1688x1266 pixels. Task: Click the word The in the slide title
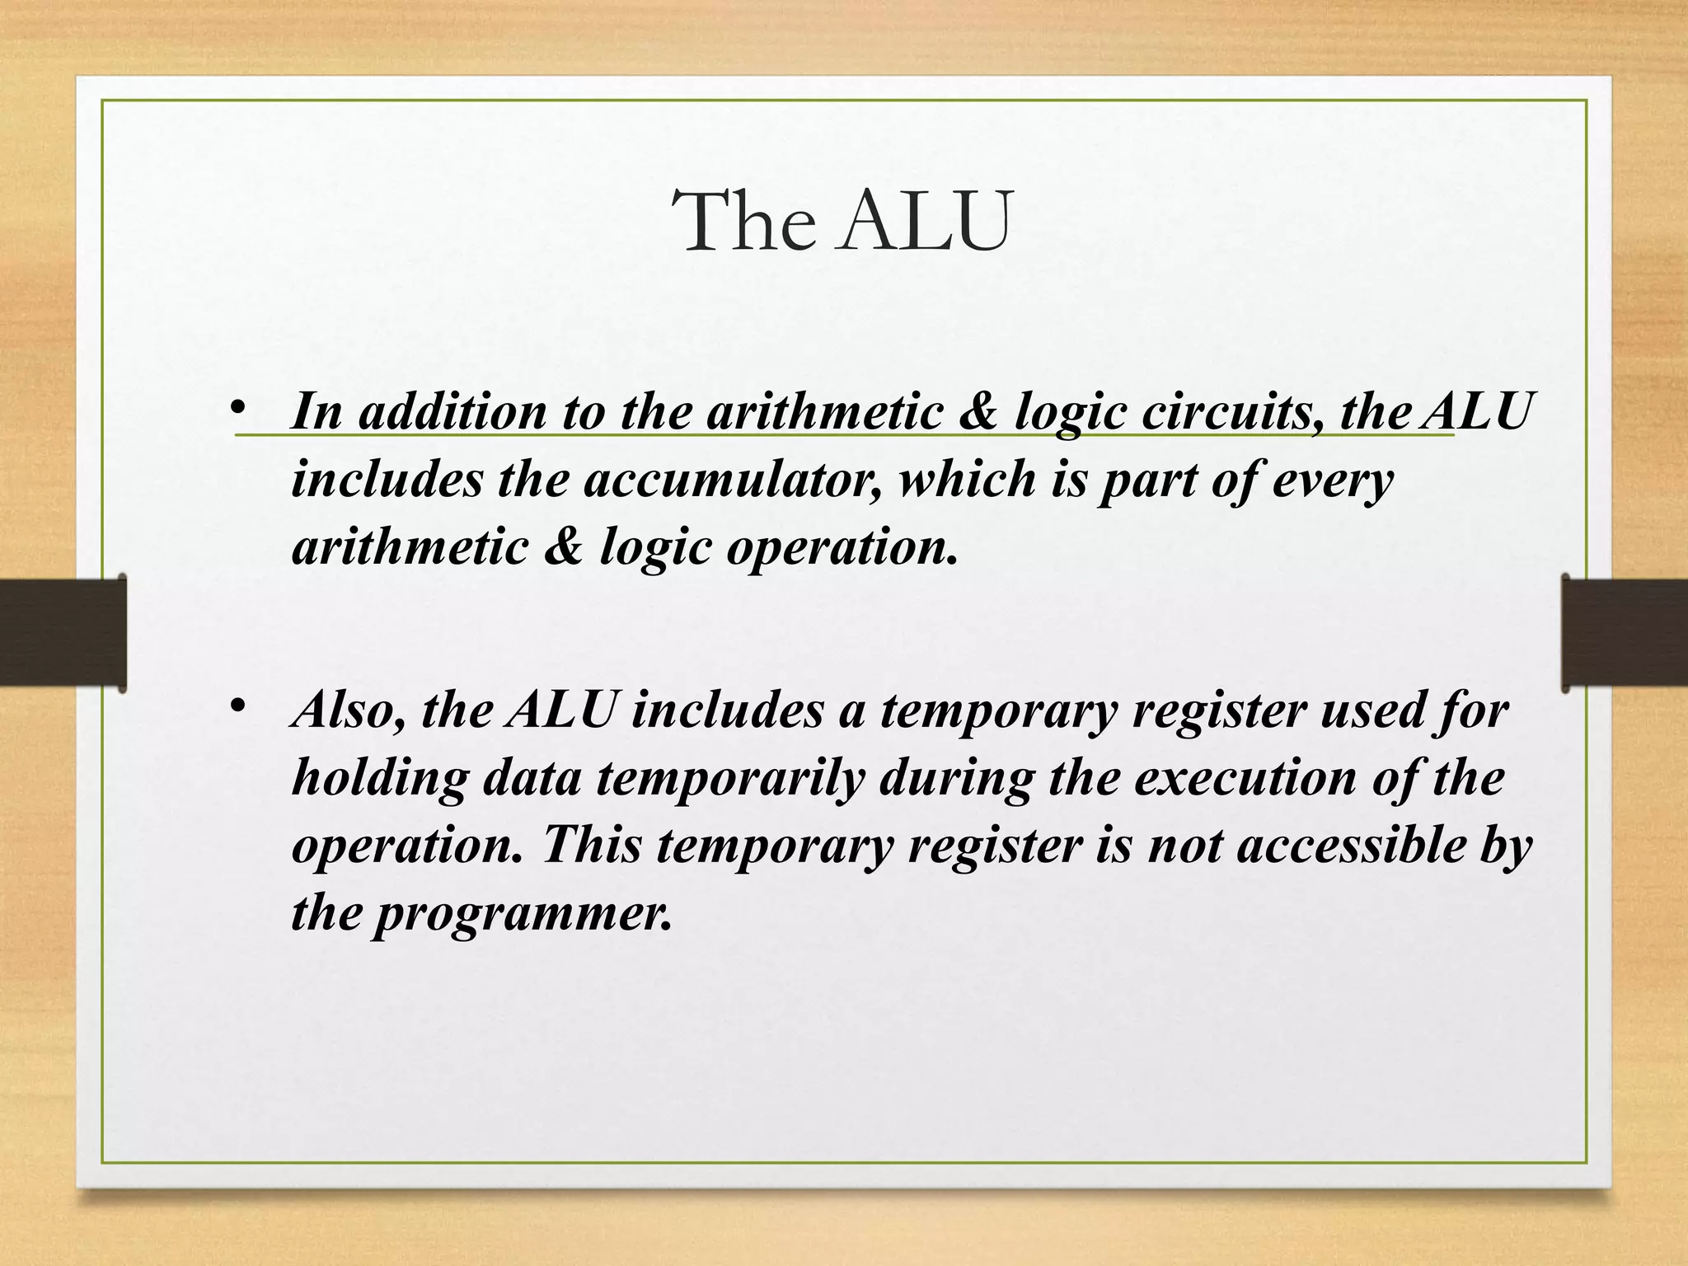pos(747,221)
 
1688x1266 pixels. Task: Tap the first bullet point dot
pos(238,408)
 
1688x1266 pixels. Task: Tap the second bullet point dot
pos(238,706)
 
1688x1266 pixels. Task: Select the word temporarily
pos(730,778)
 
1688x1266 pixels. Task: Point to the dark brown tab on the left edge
pos(63,632)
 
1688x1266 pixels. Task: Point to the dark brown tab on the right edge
pos(1625,632)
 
